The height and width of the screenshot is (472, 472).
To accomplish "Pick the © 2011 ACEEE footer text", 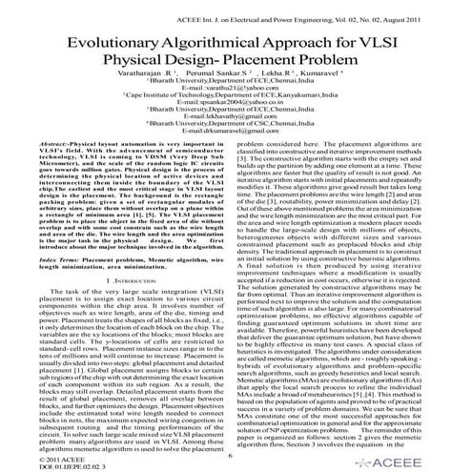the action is tap(40, 458).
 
